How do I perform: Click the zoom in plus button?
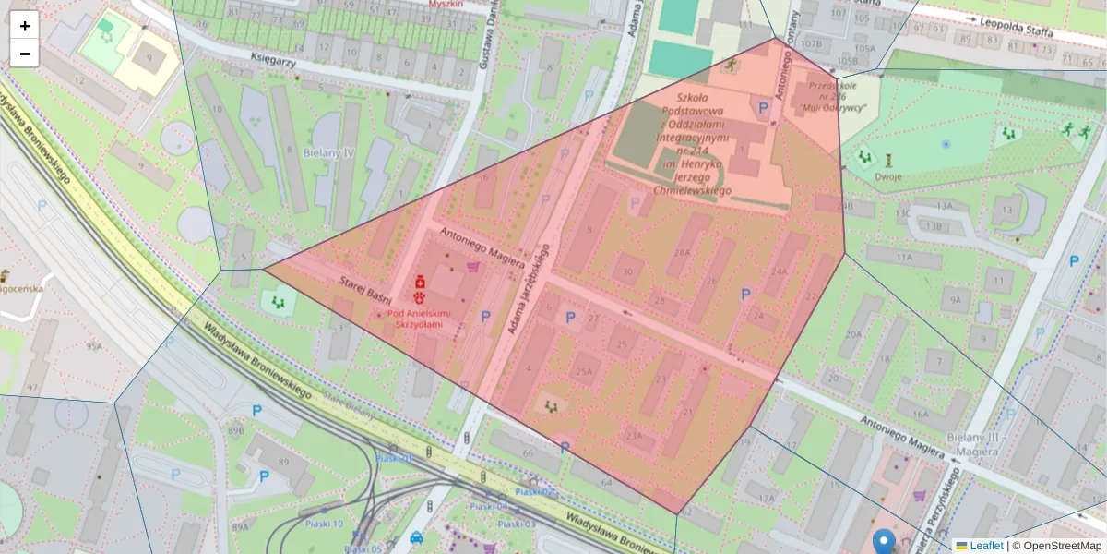tap(25, 26)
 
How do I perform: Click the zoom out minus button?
tap(25, 54)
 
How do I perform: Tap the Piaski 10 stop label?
tap(324, 524)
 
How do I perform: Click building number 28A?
tap(682, 252)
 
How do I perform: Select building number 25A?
tap(584, 372)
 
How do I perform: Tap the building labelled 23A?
tap(633, 436)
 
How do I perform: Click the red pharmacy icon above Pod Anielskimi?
tap(420, 280)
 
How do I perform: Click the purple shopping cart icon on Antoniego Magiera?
tap(473, 267)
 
